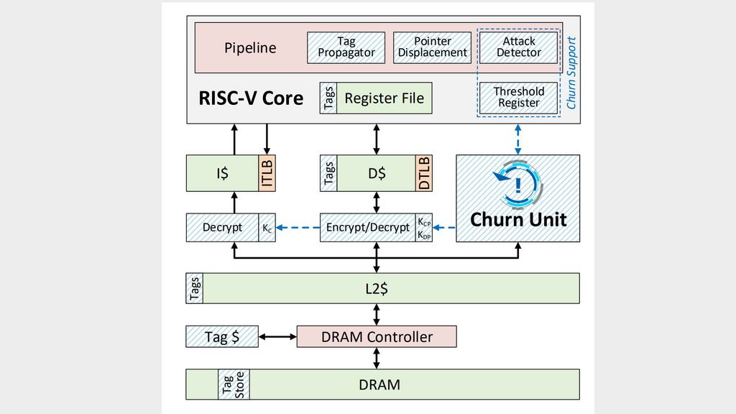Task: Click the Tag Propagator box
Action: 346,47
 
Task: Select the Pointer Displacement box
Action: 432,47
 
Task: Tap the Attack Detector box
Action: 518,47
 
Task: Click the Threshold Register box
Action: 518,97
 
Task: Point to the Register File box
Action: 384,98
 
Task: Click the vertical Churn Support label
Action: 572,73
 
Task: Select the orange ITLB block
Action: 267,173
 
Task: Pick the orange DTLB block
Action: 424,173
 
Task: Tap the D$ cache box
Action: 376,173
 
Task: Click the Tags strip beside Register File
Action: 328,98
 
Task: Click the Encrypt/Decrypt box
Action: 367,227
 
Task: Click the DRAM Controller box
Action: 376,336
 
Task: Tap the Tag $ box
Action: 221,336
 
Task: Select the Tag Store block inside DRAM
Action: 234,385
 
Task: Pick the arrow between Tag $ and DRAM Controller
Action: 277,336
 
